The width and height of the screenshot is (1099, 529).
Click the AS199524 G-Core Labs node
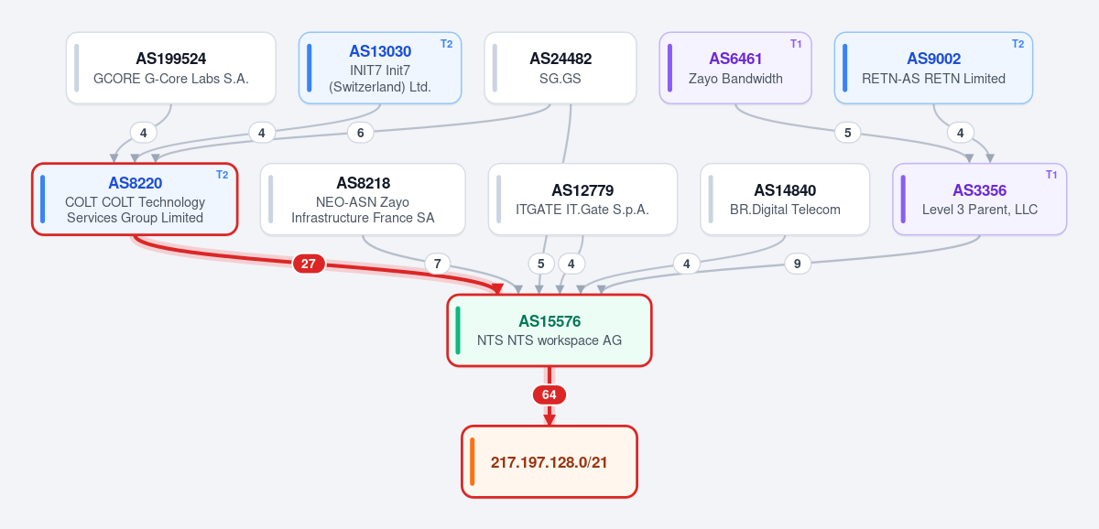coord(170,68)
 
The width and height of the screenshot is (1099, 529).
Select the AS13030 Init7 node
coord(380,68)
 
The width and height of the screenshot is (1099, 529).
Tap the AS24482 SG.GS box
coord(560,68)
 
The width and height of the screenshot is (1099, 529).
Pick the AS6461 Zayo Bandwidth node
coord(734,68)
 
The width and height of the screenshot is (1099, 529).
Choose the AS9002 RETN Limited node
coord(933,68)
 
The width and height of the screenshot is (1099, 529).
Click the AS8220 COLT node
coord(135,199)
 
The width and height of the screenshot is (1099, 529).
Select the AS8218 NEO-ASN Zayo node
coord(363,199)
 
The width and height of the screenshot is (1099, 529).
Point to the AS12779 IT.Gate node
coord(582,199)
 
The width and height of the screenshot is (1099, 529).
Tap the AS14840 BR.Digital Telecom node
coord(785,199)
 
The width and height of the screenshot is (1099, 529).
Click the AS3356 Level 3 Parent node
coord(979,199)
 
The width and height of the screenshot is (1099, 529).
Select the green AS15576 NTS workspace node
coord(549,330)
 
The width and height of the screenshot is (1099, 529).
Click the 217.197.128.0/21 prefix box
coord(549,461)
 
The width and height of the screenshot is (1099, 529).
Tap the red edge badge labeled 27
coord(308,264)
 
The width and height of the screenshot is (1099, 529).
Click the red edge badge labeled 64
coord(549,394)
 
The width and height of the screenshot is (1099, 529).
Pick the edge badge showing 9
coord(798,264)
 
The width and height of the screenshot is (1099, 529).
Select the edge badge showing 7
coord(437,264)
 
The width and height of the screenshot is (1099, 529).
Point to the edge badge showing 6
coord(360,133)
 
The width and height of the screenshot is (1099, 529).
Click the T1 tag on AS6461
coord(796,44)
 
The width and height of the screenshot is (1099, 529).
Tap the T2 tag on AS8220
coord(223,175)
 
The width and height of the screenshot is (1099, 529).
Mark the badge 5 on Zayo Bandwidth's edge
coord(847,133)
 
